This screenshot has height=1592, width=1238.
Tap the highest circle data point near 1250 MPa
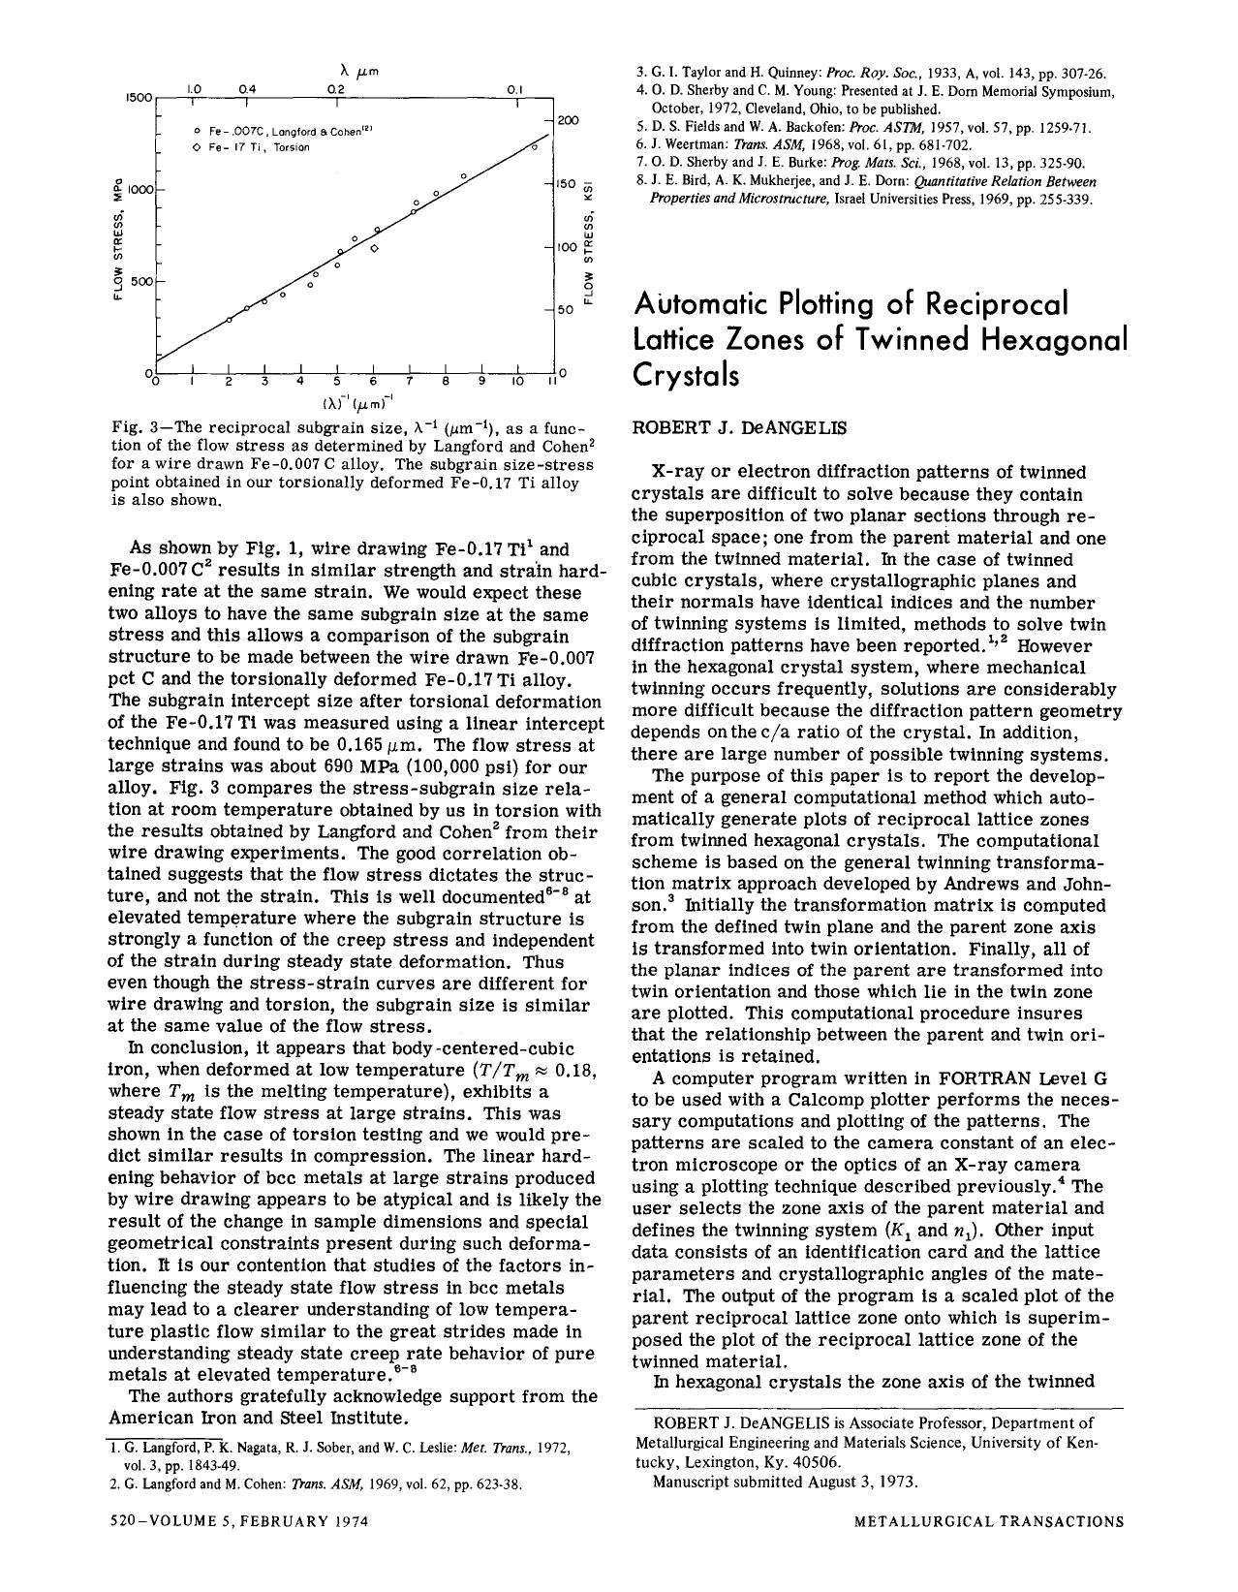click(533, 146)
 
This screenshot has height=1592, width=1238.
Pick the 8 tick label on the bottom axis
click(445, 384)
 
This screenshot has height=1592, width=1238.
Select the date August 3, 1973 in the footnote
click(864, 1482)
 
